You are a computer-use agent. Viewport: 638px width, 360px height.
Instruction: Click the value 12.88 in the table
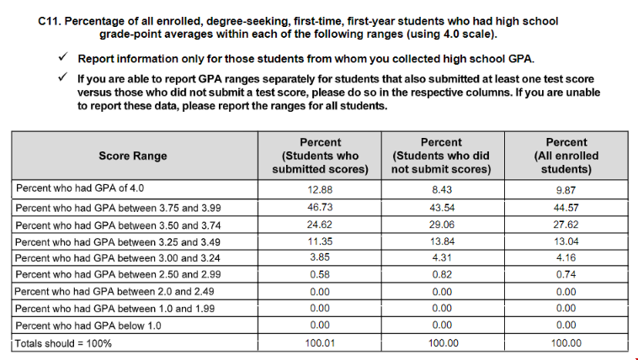point(321,189)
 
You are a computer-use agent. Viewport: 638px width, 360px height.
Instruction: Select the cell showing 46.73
point(321,207)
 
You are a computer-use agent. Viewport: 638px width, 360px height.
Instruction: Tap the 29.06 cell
point(441,225)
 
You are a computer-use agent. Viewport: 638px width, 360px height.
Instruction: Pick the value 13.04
point(566,242)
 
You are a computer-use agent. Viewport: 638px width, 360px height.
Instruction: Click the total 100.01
point(321,342)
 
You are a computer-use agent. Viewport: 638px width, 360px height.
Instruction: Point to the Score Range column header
point(133,156)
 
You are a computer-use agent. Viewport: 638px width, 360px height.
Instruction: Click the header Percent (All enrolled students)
point(566,156)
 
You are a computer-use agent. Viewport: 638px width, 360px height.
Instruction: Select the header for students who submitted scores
point(321,156)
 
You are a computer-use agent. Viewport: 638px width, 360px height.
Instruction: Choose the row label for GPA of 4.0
point(86,189)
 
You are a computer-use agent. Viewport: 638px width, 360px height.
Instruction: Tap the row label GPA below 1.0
point(88,326)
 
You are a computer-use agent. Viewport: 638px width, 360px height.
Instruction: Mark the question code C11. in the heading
point(51,20)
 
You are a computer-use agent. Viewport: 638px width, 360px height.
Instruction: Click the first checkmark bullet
point(63,58)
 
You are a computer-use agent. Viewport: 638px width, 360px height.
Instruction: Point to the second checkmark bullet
point(63,77)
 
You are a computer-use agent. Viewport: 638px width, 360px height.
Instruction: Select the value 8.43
point(441,189)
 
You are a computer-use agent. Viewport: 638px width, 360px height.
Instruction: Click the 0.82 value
point(441,275)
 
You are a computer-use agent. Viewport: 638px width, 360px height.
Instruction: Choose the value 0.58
point(321,275)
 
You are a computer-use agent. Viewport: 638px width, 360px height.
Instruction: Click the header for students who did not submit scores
point(441,156)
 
